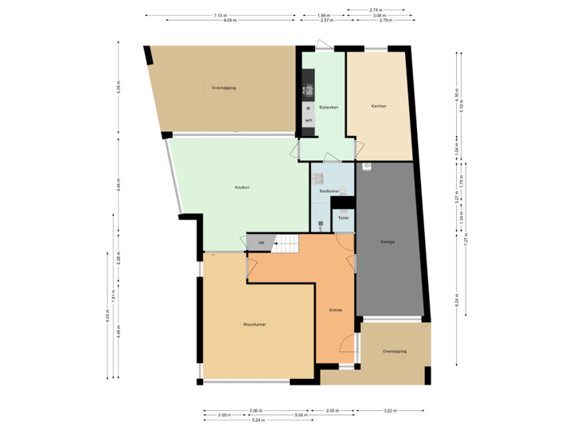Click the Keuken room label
242,188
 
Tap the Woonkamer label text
255,325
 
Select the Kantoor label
379,107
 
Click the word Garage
388,241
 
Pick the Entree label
336,310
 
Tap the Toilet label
343,218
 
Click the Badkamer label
329,191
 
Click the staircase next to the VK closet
285,244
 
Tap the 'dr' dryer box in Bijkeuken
308,107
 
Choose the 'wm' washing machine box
308,120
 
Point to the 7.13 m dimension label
220,15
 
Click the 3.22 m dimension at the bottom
389,411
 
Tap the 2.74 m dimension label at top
375,10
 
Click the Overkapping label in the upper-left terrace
224,87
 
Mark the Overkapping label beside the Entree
395,351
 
